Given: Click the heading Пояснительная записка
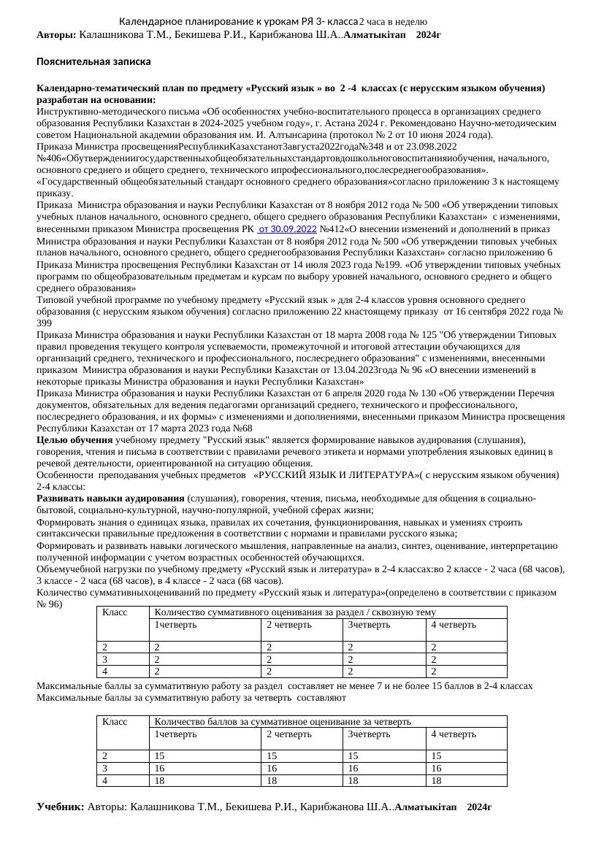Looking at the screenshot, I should (94, 62).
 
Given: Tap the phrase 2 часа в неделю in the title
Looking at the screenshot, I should (393, 23).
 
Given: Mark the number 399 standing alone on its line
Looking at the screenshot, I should (45, 323).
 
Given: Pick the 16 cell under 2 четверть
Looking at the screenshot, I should (272, 768).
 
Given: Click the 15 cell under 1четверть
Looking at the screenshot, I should (159, 756).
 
